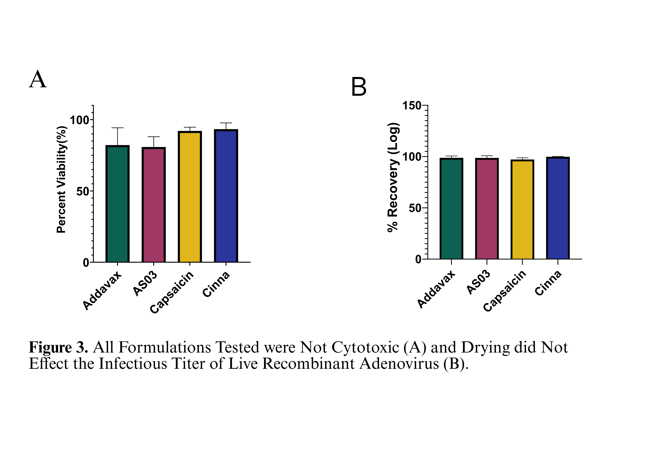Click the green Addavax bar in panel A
tap(117, 204)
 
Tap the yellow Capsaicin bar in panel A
tap(190, 197)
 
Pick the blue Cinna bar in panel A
tap(226, 196)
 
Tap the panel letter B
tap(359, 87)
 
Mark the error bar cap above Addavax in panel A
tap(117, 128)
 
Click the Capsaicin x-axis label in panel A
tap(172, 292)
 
